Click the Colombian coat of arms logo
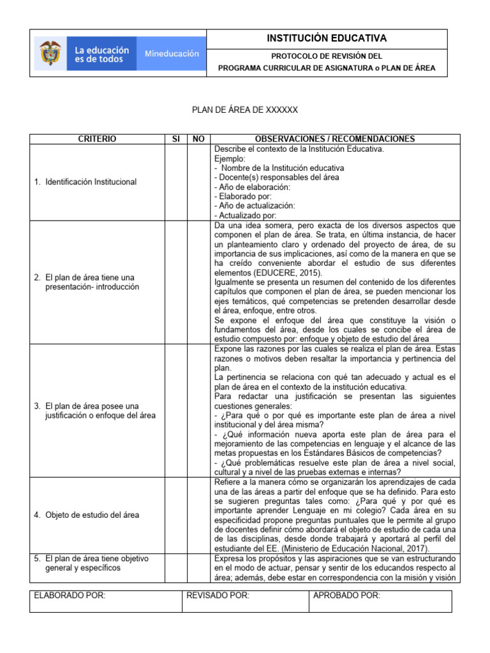click(51, 53)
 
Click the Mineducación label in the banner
click(172, 54)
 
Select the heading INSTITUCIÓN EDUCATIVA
click(327, 39)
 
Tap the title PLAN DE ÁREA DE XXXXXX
click(245, 110)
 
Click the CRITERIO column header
click(97, 139)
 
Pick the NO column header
click(198, 139)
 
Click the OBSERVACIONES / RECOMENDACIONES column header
click(334, 139)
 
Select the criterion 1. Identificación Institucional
click(85, 182)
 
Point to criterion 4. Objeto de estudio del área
click(87, 515)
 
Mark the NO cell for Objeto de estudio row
click(198, 515)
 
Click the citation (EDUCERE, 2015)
click(279, 272)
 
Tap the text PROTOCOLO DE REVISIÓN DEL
click(327, 56)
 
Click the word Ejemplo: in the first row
click(230, 158)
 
